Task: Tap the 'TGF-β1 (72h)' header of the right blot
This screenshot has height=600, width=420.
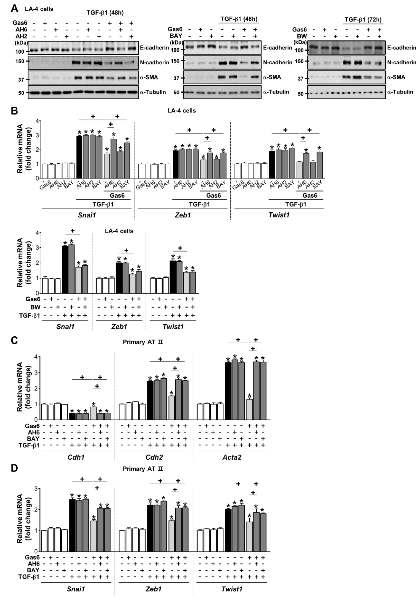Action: (363, 20)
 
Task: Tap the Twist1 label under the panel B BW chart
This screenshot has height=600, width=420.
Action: (173, 326)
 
